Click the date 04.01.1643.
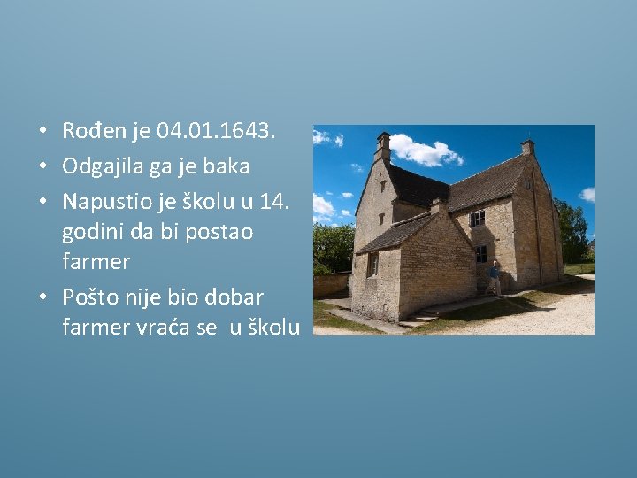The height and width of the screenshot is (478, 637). tap(216, 132)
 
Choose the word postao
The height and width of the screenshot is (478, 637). tap(222, 232)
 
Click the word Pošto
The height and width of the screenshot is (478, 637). tap(91, 297)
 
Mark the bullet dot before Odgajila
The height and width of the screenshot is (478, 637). tap(42, 167)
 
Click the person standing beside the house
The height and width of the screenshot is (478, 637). tap(495, 277)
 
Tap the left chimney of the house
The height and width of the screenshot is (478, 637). tap(382, 146)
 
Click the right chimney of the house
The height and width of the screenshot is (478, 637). tap(527, 147)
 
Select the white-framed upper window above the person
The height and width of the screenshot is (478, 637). tap(478, 218)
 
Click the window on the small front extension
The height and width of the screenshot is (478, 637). tap(373, 264)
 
